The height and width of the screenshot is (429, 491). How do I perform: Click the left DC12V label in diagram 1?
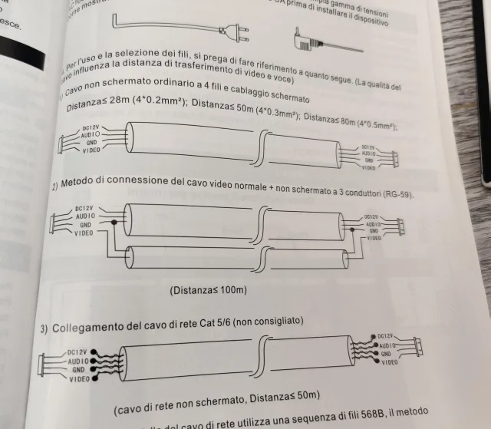click(90, 127)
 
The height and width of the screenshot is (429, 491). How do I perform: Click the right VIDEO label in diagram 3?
click(388, 361)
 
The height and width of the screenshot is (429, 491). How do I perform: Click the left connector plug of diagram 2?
click(58, 223)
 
